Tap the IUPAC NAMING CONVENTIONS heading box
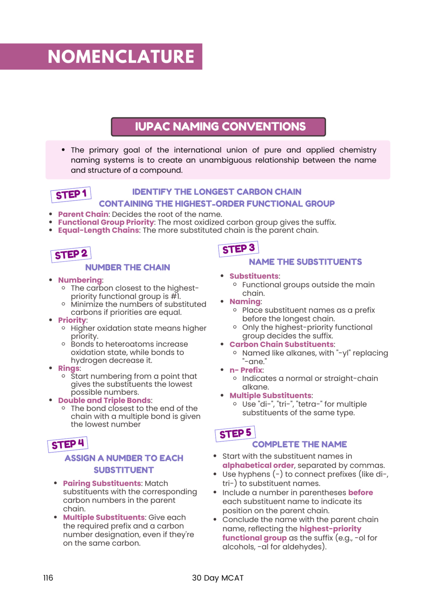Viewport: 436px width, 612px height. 218,127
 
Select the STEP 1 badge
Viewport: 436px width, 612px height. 71,194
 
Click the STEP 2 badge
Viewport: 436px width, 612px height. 71,254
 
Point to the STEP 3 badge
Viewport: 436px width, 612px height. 238,249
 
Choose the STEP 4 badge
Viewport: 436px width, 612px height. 67,444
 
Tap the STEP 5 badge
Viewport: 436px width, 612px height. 235,434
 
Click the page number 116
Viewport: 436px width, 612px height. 48,578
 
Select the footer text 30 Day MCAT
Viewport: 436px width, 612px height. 218,578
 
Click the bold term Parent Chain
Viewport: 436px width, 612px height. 83,214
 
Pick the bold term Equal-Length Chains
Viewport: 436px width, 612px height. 98,230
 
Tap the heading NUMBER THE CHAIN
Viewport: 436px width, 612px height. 127,267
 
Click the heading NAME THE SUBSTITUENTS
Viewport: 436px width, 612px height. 305,262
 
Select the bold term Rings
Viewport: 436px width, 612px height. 69,368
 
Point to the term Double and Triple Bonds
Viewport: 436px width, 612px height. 104,400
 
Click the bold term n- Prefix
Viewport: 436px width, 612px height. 246,370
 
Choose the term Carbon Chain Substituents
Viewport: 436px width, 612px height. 281,344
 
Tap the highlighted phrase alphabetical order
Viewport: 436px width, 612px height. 258,465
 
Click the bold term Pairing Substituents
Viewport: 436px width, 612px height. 102,483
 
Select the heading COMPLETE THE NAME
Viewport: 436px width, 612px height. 299,444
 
